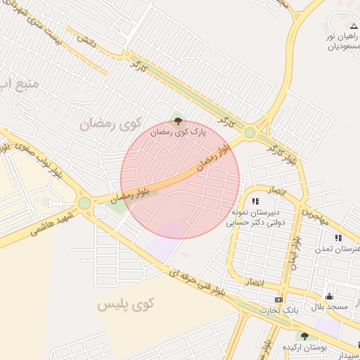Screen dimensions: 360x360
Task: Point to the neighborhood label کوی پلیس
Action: [x=124, y=305]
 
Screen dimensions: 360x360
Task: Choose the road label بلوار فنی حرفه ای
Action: [x=196, y=283]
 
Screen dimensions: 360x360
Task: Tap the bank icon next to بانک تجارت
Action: [x=279, y=300]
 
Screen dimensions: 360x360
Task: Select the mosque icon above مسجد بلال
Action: [x=329, y=297]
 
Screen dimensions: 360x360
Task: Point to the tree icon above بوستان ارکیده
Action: [x=304, y=336]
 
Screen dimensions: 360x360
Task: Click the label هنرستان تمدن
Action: [x=342, y=250]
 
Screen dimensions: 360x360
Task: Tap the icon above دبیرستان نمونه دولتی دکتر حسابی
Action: [x=255, y=201]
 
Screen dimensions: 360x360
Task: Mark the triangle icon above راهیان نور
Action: [x=354, y=26]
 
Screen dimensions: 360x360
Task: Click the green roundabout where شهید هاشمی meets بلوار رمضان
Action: [x=84, y=203]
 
